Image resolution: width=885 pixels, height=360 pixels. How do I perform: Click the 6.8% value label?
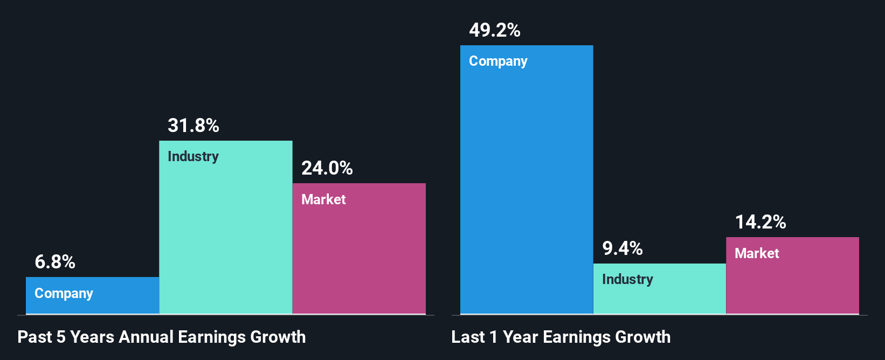tap(55, 262)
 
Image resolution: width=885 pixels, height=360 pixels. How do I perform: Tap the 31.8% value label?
tap(193, 126)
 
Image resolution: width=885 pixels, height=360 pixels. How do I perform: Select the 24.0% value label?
tap(327, 168)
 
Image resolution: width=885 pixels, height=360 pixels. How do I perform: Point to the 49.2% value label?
tap(495, 30)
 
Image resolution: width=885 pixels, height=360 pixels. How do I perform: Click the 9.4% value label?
tap(623, 248)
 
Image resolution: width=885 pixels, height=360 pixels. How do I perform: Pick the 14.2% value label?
tap(760, 222)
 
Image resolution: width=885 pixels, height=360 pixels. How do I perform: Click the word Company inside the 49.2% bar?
tap(498, 61)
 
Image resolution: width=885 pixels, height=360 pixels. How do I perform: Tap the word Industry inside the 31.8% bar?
tap(193, 157)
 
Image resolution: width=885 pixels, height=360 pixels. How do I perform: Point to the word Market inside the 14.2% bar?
tap(757, 253)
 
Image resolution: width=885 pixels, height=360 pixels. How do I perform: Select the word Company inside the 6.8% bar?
tap(64, 294)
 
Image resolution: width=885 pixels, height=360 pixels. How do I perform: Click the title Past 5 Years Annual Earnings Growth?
tap(162, 337)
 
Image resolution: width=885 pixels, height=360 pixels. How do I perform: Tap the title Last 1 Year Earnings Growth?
tap(561, 337)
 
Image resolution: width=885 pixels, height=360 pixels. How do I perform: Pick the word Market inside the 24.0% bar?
tap(323, 199)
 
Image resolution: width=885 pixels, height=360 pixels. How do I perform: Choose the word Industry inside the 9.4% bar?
tap(627, 280)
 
